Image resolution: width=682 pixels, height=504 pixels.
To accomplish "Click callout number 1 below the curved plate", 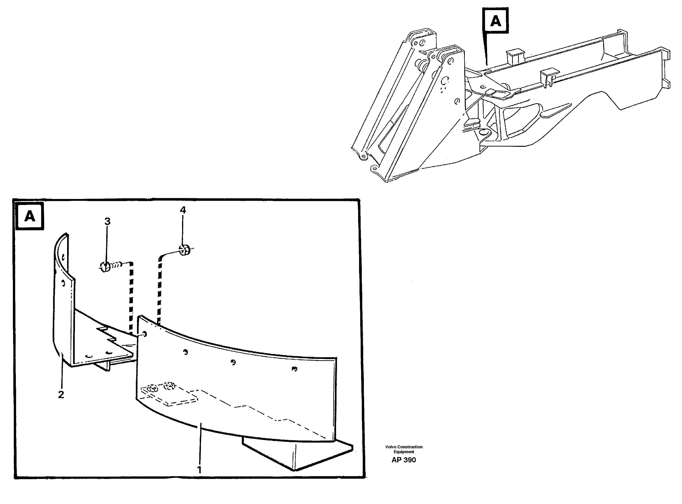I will (199, 470).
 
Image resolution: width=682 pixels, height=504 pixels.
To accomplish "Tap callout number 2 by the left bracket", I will (61, 395).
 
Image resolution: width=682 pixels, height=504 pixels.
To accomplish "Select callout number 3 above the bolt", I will (107, 222).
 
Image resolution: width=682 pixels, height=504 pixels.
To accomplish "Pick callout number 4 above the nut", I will (183, 210).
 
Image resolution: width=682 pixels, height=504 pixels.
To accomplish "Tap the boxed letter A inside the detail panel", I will (30, 216).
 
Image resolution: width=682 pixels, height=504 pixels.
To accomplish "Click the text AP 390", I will (404, 460).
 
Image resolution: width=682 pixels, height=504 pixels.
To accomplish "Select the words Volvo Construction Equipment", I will (404, 449).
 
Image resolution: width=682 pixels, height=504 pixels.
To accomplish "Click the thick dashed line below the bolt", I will (131, 297).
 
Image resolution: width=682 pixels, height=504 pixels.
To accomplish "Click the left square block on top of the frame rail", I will (513, 56).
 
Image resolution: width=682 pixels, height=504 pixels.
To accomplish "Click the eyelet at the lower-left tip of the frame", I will (363, 157).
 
